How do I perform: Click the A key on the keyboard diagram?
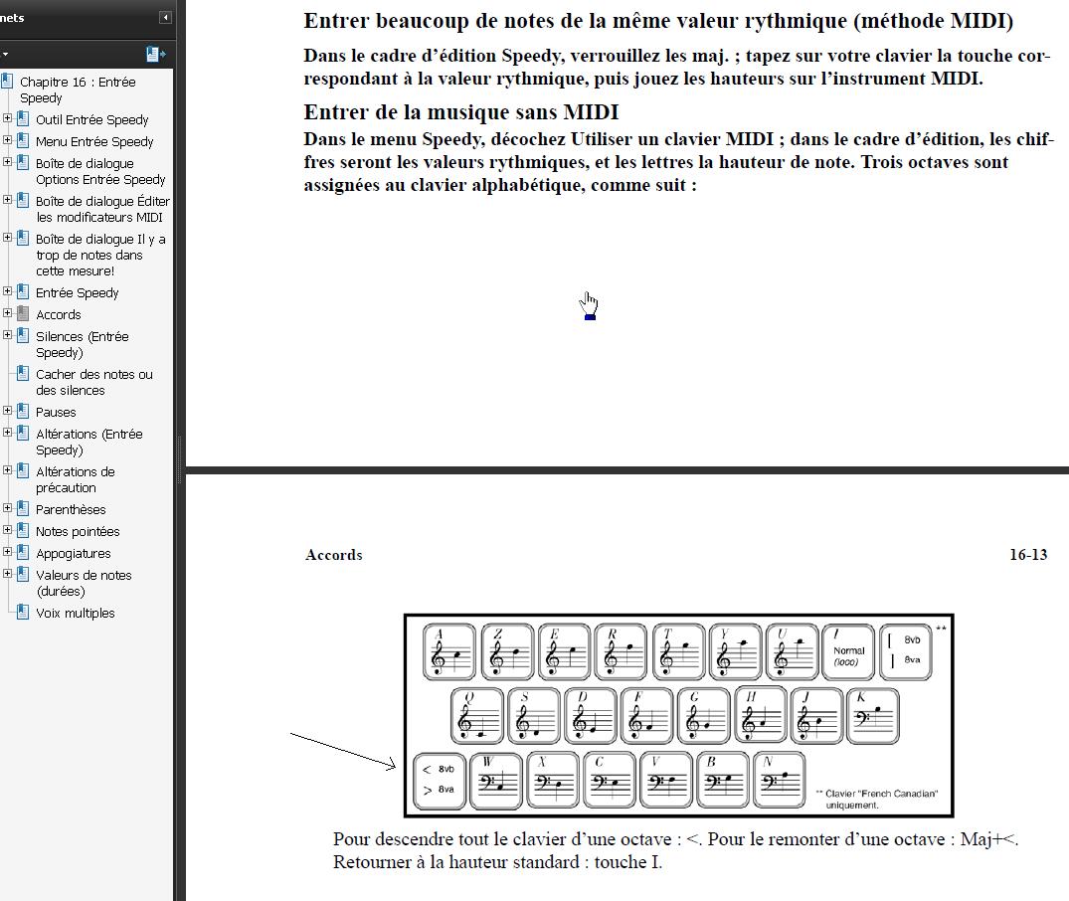click(448, 652)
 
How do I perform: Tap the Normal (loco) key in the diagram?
click(848, 652)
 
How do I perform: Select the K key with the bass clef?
click(871, 715)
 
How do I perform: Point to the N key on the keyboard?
click(780, 781)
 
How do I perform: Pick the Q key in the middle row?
click(477, 715)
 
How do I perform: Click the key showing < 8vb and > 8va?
click(439, 781)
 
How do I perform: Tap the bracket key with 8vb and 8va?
click(906, 652)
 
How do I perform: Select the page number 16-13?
click(1027, 555)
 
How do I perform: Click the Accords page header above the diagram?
click(333, 555)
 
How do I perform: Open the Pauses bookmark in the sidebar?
click(56, 412)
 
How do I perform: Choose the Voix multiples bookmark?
click(75, 613)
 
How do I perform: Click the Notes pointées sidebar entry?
click(78, 531)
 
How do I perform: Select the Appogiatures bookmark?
click(74, 553)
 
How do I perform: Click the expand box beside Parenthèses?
click(8, 509)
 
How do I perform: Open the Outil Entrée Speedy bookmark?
click(91, 119)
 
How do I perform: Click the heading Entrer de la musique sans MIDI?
click(461, 112)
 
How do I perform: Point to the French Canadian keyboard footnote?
click(875, 799)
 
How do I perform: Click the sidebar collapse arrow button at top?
click(164, 18)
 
